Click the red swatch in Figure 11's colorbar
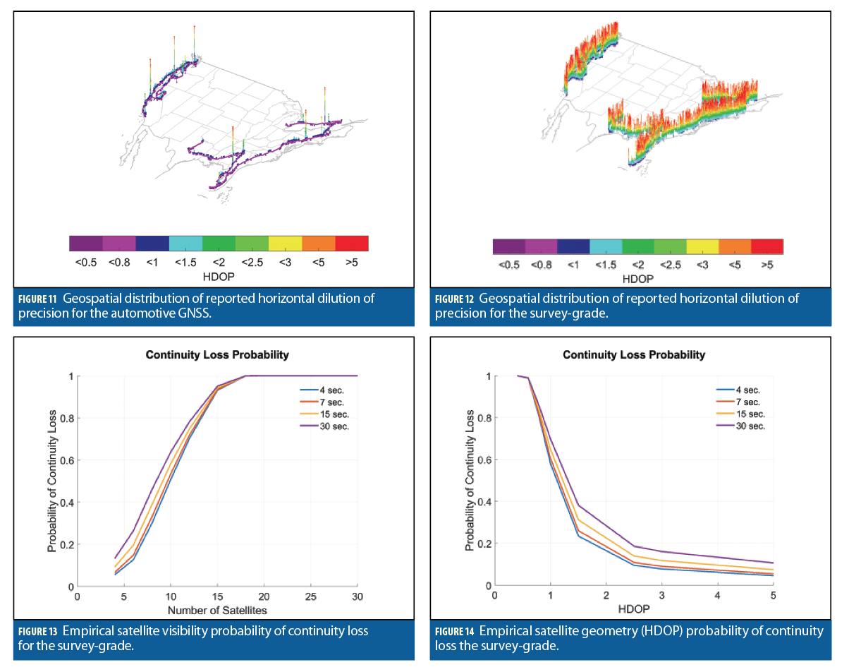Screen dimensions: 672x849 (352, 244)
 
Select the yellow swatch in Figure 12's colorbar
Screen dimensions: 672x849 (702, 246)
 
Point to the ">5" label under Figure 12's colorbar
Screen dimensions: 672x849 (766, 265)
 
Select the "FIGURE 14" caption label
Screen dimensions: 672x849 (456, 631)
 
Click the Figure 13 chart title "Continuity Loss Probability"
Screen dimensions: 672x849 (217, 355)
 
